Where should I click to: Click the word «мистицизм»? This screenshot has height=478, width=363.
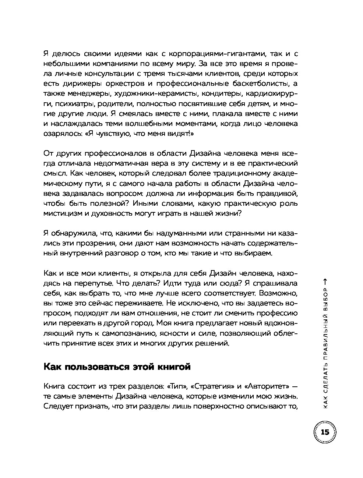(x=63, y=213)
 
